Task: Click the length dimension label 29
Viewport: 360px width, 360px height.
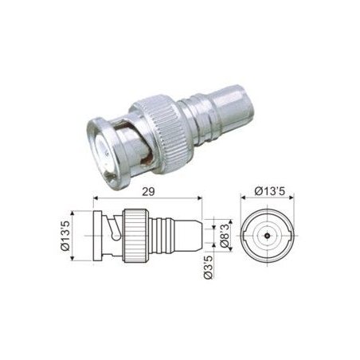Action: (x=148, y=191)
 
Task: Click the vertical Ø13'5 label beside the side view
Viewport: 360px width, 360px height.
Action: (x=65, y=236)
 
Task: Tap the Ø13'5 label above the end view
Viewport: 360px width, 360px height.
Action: (x=270, y=191)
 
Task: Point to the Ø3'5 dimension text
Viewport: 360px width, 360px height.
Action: (x=209, y=267)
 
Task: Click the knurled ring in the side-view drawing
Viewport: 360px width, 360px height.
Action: (x=136, y=236)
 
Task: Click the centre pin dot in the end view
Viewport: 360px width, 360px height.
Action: (x=267, y=236)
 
